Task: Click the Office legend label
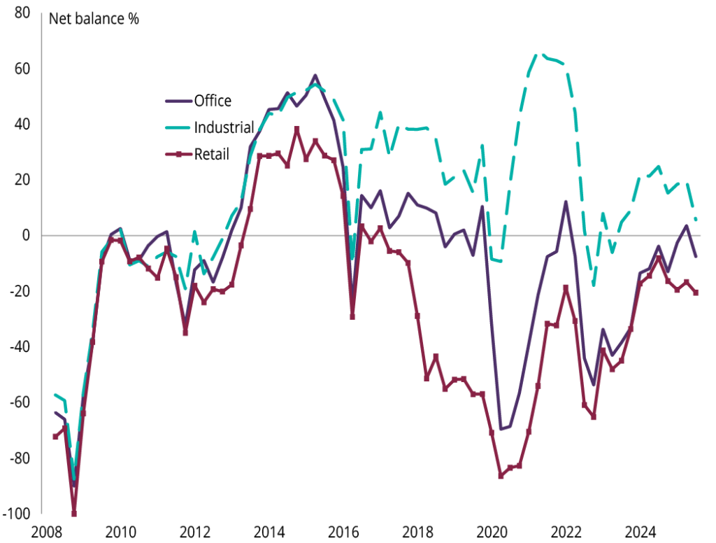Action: click(x=213, y=101)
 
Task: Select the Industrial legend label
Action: click(x=223, y=127)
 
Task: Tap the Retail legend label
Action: click(x=210, y=154)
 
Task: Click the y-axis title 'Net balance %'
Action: click(x=94, y=18)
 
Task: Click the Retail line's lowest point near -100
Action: click(x=74, y=513)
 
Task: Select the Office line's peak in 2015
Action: click(x=315, y=75)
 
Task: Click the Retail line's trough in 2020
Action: click(x=501, y=476)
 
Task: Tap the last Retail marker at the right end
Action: click(x=696, y=293)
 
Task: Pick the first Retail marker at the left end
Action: click(x=56, y=437)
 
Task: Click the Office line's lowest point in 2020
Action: click(x=501, y=429)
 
